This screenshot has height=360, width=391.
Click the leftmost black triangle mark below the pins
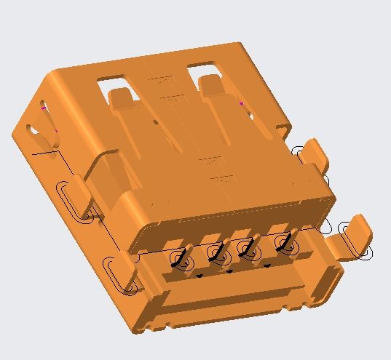tap(199, 276)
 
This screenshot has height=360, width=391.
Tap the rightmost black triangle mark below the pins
tap(267, 266)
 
